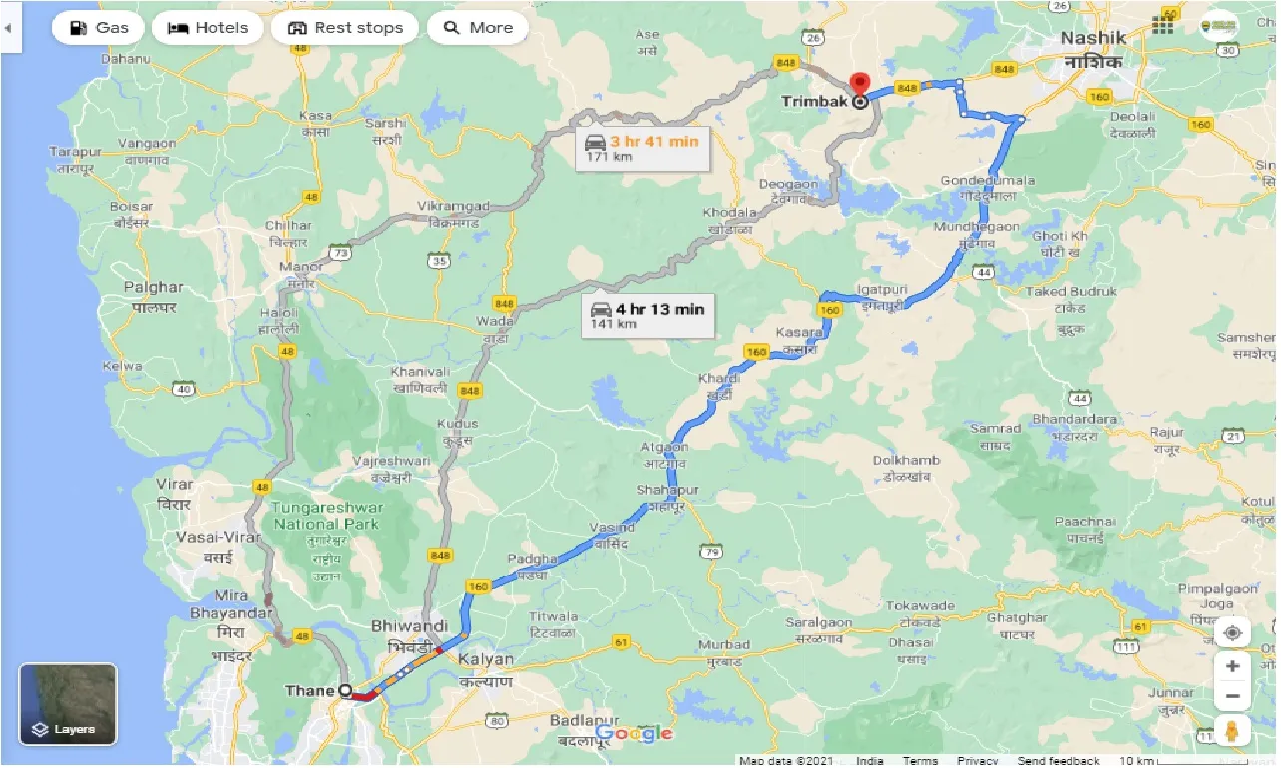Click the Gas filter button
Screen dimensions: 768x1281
[99, 28]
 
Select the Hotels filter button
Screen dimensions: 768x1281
[208, 28]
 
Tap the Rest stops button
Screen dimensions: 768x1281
[345, 28]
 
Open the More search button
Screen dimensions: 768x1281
[478, 28]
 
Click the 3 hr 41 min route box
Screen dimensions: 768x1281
[642, 148]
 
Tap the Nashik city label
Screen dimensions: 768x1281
[1092, 38]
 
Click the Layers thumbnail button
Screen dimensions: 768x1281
[68, 705]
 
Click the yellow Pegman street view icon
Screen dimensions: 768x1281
[1232, 729]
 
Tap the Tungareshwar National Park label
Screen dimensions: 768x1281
[327, 516]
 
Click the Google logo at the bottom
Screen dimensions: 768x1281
[635, 735]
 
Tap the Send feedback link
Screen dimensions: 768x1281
[1059, 761]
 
